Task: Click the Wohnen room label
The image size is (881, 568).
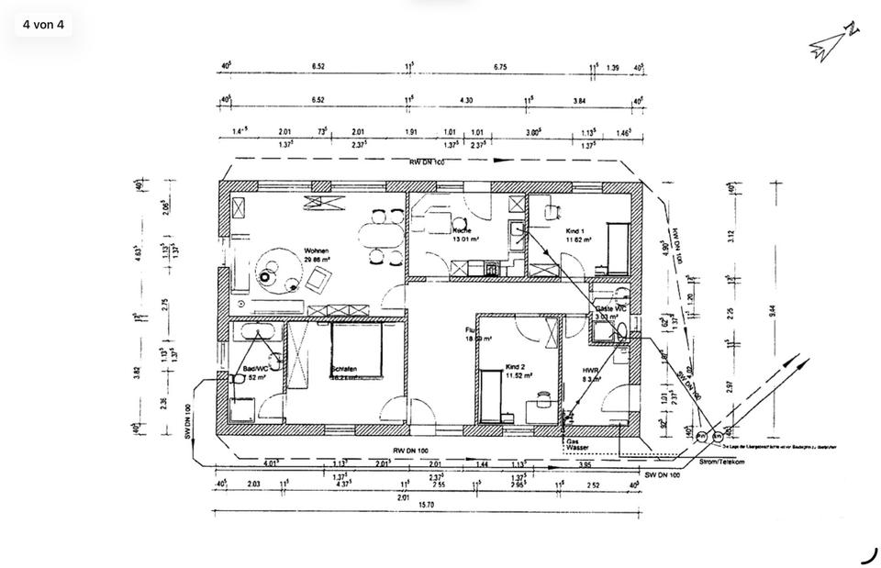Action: click(x=317, y=251)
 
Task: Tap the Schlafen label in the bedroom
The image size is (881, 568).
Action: click(x=343, y=370)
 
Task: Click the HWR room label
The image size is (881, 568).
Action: click(x=590, y=372)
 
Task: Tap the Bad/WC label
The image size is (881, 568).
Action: click(x=255, y=369)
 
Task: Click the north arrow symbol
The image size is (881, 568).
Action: click(x=834, y=42)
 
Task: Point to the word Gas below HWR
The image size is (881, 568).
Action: click(x=572, y=441)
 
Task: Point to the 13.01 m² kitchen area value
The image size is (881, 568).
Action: click(x=466, y=239)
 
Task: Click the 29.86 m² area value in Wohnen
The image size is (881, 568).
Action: click(x=317, y=259)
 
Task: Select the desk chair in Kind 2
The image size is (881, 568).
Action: click(x=542, y=397)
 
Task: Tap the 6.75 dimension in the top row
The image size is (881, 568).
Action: click(x=500, y=67)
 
